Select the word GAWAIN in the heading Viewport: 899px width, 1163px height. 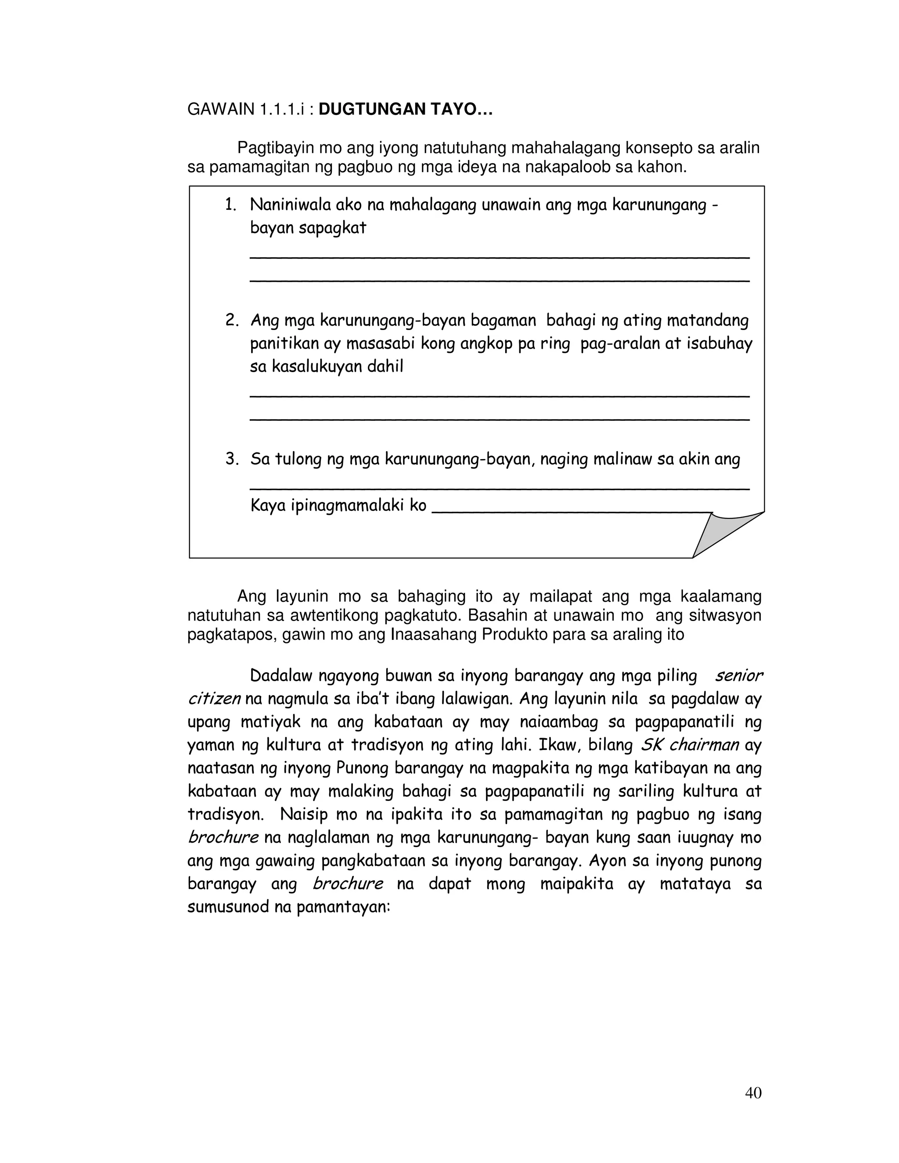tap(221, 109)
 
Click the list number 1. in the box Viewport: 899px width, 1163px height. tap(230, 205)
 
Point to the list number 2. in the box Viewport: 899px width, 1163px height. tap(231, 320)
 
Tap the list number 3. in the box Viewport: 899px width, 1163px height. tap(231, 459)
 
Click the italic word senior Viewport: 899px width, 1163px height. tap(738, 676)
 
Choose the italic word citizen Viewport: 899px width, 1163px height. tap(214, 699)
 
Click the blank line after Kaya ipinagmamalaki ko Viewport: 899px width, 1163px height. tap(570, 511)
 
